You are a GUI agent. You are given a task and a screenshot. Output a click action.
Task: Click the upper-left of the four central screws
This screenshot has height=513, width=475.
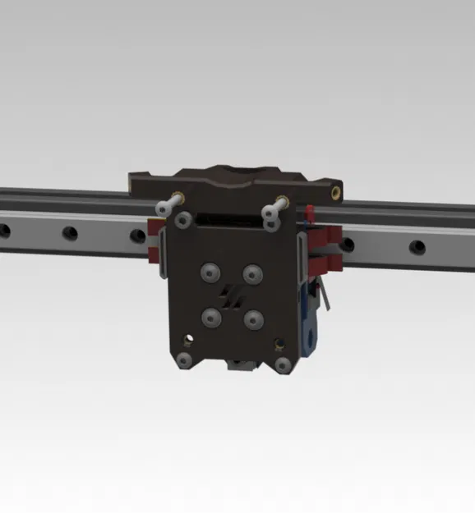pos(213,272)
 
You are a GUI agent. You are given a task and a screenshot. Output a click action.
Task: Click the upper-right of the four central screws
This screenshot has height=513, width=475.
pos(251,272)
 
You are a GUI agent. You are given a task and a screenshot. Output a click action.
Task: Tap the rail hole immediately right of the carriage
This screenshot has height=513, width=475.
pos(348,244)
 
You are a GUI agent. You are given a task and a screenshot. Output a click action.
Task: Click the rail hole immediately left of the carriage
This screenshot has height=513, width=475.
pos(138,237)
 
